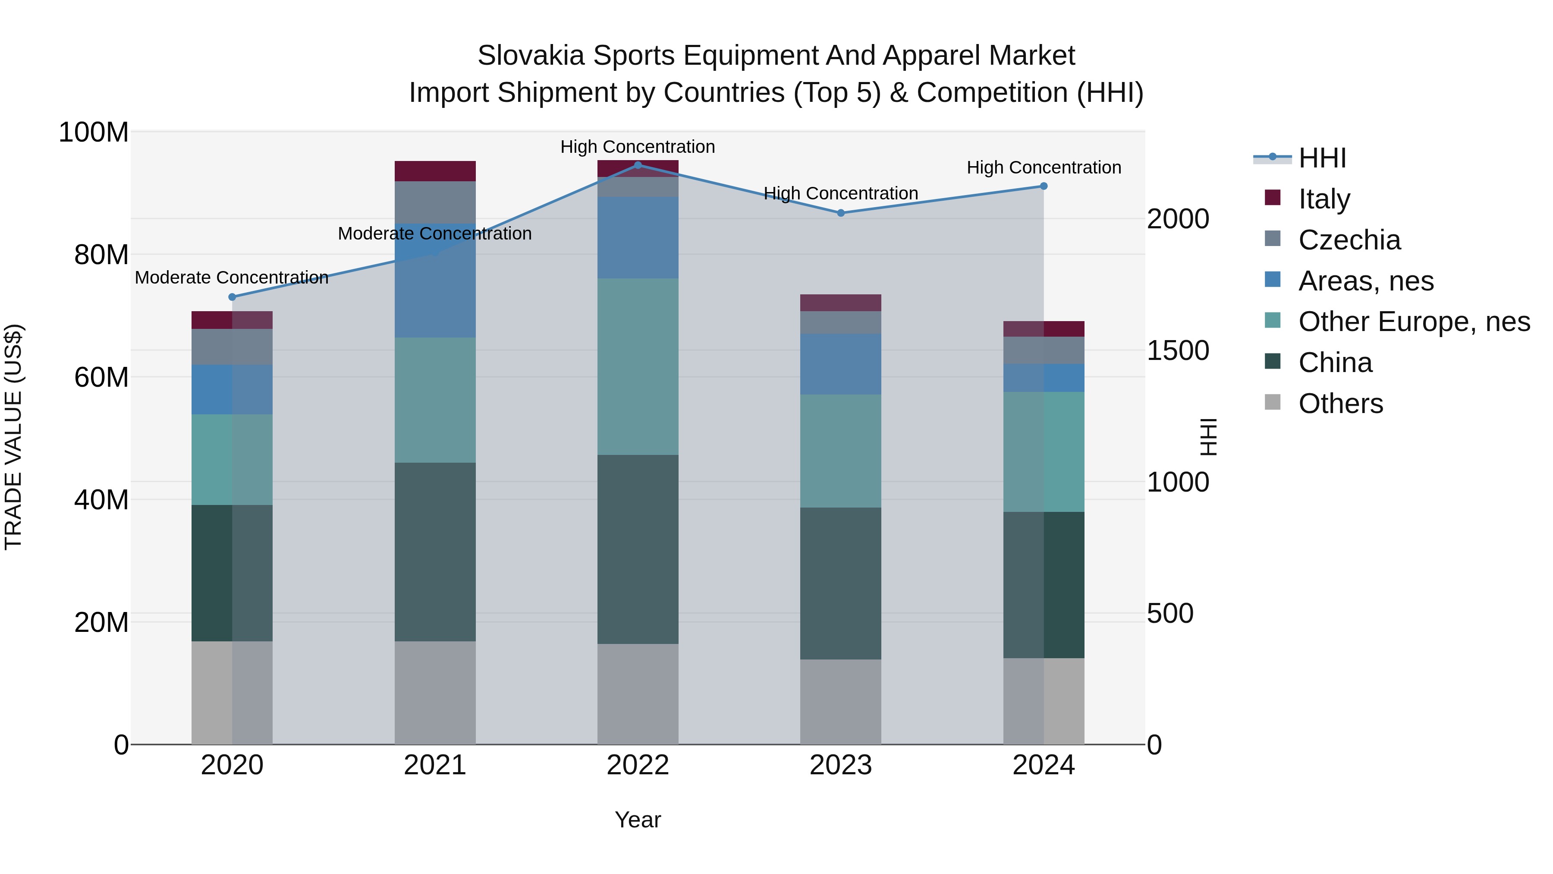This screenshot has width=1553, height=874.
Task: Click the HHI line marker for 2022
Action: click(638, 165)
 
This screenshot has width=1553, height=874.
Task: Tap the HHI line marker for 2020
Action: click(232, 297)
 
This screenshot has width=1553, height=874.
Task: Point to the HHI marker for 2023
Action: click(841, 213)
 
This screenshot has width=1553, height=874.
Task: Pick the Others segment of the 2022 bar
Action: click(638, 694)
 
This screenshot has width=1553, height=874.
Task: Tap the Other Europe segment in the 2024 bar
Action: click(1044, 452)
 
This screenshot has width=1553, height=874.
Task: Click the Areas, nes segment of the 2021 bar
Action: click(435, 281)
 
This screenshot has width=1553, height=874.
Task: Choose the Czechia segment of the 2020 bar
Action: click(232, 347)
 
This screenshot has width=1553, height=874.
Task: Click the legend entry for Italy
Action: click(1324, 199)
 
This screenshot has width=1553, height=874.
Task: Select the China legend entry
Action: click(1335, 363)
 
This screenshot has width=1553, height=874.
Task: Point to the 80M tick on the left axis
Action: click(101, 255)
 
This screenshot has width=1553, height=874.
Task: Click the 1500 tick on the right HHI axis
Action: click(1177, 350)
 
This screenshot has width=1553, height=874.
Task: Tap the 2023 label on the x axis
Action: click(840, 765)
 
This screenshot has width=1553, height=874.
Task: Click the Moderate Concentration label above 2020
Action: click(232, 278)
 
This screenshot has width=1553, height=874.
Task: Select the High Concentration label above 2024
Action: click(1044, 168)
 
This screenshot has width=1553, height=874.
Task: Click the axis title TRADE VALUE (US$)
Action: click(13, 437)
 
